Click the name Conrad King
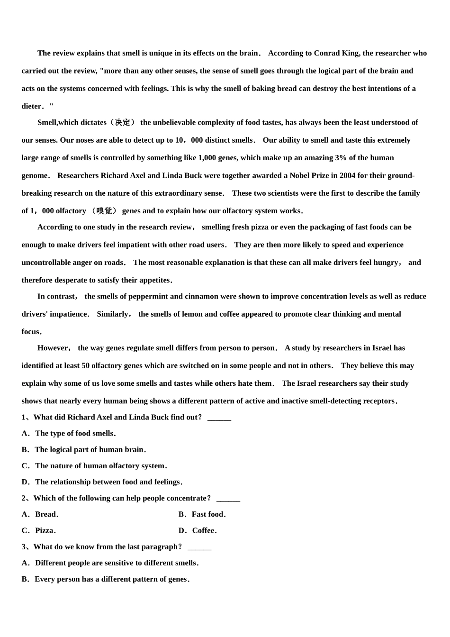(336, 53)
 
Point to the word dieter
(32, 106)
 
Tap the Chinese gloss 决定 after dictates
(123, 122)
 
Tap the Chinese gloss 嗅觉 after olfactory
(104, 211)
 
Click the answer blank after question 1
(219, 418)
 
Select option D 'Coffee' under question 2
(204, 530)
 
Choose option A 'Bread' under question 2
(45, 514)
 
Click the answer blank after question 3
(199, 547)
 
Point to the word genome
(35, 175)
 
